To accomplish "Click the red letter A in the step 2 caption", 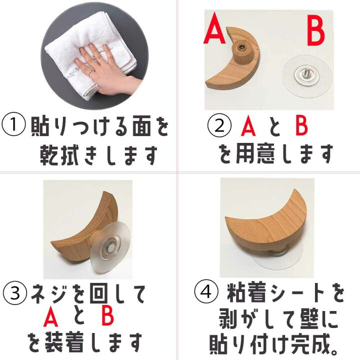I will (248, 127).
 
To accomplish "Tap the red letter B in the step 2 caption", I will (301, 127).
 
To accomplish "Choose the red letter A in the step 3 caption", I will (51, 318).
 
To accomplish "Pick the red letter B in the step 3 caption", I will (107, 318).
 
